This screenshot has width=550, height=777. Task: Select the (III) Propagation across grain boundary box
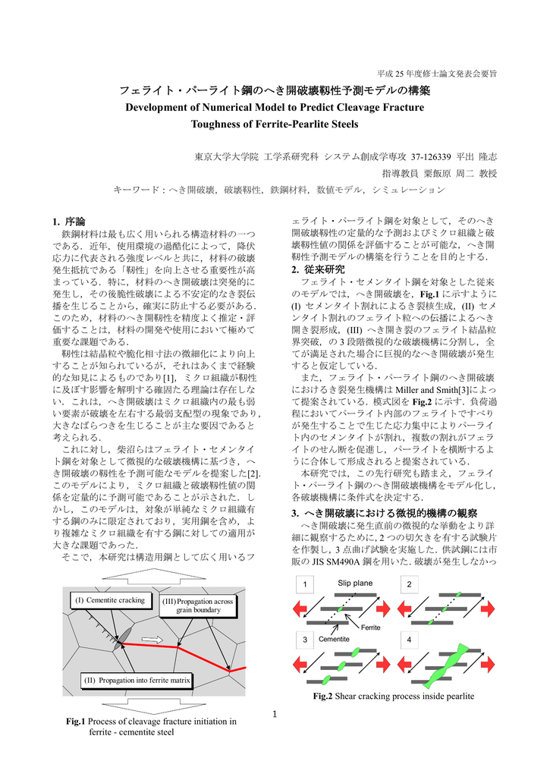(198, 605)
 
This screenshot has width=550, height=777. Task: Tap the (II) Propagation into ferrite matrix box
(137, 680)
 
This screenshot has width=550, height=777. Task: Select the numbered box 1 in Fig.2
(304, 584)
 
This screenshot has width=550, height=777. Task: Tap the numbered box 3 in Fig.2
(304, 640)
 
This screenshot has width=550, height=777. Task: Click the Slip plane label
(355, 582)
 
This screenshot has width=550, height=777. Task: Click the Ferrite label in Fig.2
(370, 628)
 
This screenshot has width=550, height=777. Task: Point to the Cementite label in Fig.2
(334, 639)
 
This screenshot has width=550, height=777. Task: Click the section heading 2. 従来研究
(318, 269)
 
